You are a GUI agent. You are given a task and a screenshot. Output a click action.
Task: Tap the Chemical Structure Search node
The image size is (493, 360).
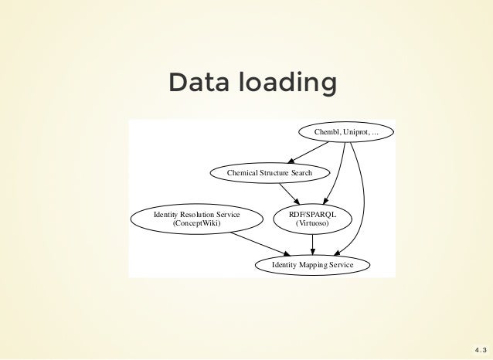[x=270, y=172]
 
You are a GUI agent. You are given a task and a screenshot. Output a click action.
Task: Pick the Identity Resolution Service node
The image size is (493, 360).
[x=197, y=218]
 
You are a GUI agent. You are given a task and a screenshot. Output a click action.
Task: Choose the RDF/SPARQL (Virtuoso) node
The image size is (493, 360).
[x=312, y=218]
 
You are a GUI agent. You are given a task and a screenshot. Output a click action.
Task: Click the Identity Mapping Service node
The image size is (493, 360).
[x=313, y=265]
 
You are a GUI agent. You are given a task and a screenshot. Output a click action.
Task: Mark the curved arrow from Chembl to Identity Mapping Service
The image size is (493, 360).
[x=362, y=201]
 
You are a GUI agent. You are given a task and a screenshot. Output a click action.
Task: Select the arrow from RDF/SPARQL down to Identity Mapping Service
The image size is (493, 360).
[x=312, y=243]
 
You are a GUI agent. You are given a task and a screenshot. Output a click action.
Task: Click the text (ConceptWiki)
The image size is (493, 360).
[x=197, y=223]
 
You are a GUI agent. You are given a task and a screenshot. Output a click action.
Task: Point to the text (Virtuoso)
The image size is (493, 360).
[x=312, y=223]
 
